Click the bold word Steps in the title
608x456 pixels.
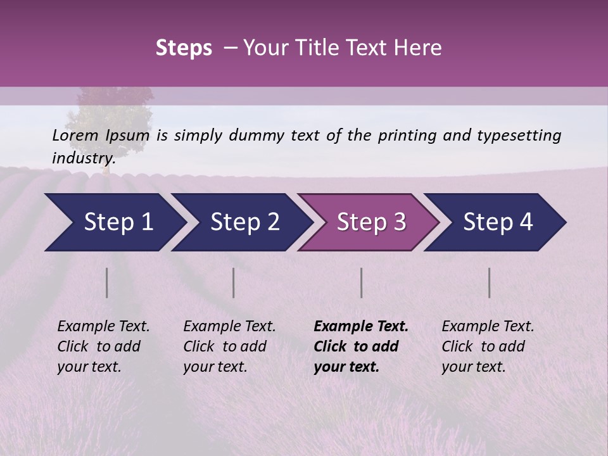184,48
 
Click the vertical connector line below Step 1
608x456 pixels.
107,282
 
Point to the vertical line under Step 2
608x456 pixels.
234,282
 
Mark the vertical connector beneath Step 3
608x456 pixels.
362,282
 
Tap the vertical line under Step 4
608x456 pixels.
490,282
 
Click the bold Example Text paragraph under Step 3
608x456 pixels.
361,346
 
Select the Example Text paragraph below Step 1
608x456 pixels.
103,346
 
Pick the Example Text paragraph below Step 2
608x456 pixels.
229,346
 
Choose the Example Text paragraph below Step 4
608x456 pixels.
488,346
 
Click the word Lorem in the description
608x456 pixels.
75,135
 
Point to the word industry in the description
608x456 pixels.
82,158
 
